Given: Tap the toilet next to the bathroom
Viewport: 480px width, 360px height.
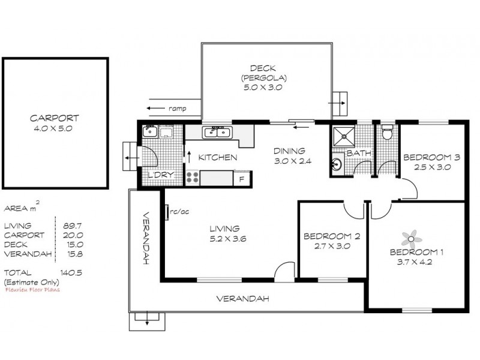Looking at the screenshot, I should point(387,133).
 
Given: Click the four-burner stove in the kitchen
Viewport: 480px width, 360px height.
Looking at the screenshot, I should point(192,177).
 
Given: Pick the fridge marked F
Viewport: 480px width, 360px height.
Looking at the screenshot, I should point(241,178).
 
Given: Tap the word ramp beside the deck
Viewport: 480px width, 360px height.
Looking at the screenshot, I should point(177,109).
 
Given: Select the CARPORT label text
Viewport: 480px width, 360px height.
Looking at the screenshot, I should point(55,118).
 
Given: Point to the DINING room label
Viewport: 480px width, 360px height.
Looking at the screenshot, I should point(290,151).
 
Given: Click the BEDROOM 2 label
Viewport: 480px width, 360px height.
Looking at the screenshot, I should point(332,236).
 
